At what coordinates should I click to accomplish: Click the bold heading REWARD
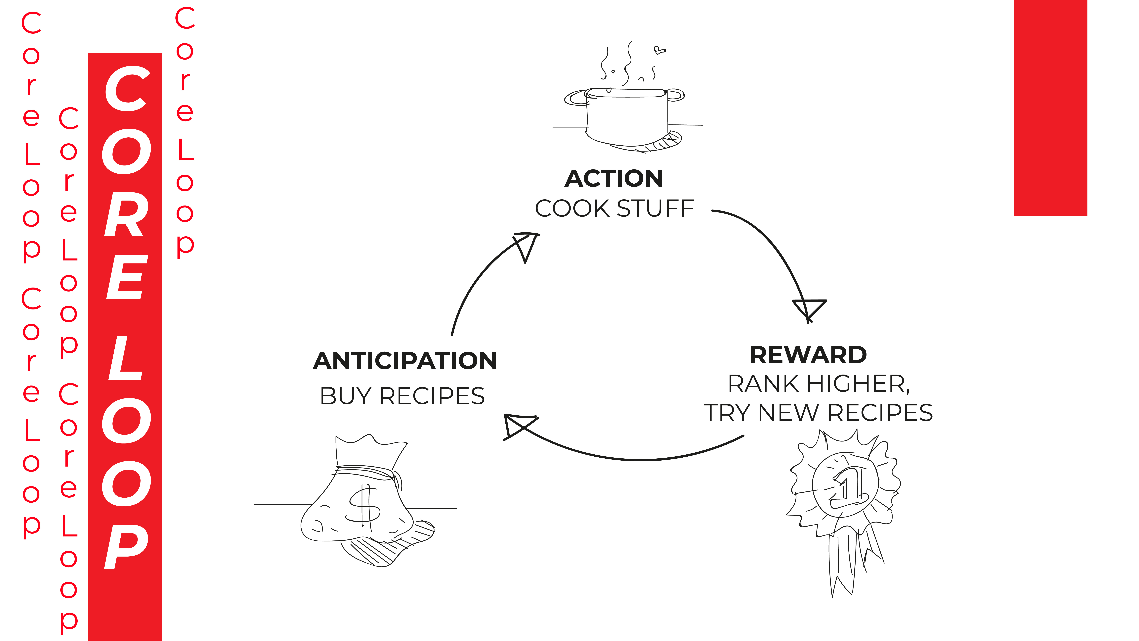pos(808,355)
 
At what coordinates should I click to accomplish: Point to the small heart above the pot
pos(659,50)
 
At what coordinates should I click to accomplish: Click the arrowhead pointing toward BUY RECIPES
pos(517,426)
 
